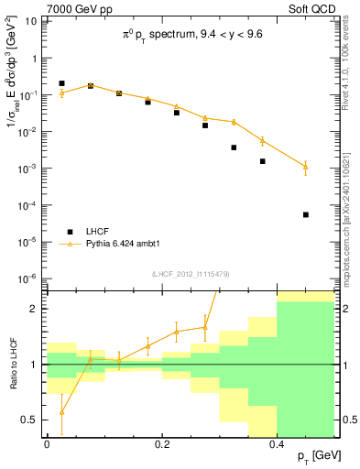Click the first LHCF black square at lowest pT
coord(61,83)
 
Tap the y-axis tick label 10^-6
coord(27,278)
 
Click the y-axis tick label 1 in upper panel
coord(34,59)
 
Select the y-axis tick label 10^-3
coord(27,169)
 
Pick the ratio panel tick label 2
coord(35,309)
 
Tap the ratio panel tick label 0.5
coord(30,420)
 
